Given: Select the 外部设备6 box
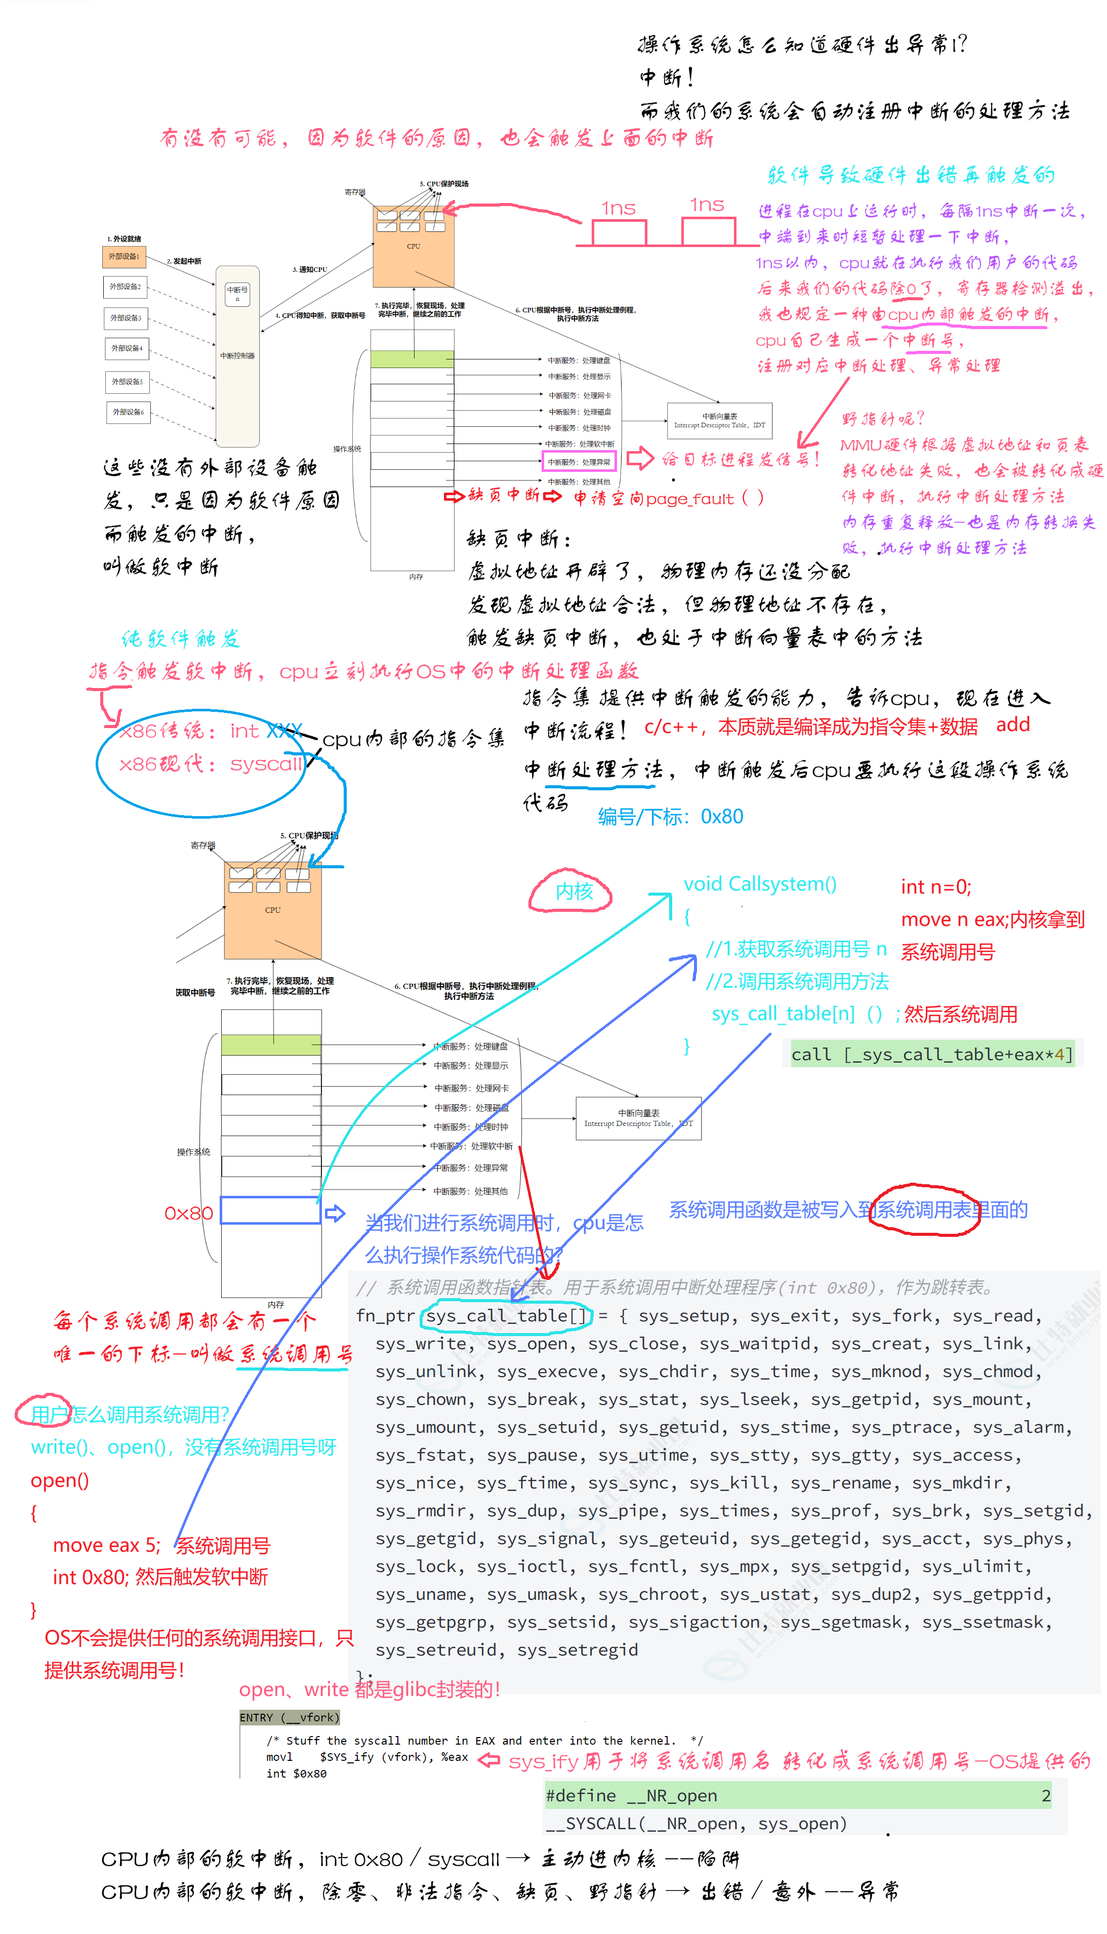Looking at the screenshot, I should [x=128, y=412].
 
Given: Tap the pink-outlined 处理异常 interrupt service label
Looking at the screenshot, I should [x=579, y=461].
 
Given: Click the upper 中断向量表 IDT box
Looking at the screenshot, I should [x=719, y=420].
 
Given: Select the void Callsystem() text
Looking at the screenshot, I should [x=760, y=883].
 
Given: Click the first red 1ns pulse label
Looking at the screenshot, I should [x=618, y=208].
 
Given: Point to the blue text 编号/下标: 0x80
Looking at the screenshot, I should [x=670, y=817].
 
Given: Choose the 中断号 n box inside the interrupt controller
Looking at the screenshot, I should [x=237, y=294].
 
